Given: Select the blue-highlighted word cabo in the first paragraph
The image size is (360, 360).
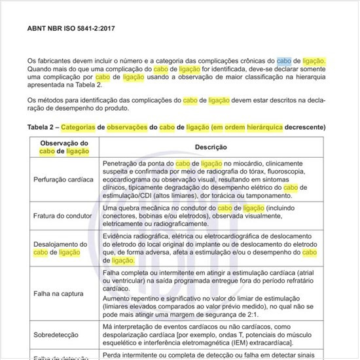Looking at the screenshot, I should (284, 60).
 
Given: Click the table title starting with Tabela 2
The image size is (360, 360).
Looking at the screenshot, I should (177, 126).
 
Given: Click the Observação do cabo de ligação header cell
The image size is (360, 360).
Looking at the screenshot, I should (64, 147).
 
